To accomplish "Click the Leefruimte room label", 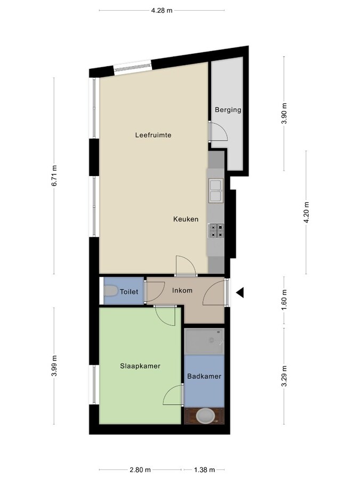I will [x=153, y=135].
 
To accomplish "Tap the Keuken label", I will [x=186, y=219].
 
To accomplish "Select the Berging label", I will [x=228, y=110].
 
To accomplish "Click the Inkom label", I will [x=182, y=291].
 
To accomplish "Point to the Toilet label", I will [x=129, y=292].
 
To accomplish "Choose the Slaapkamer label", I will [x=140, y=366].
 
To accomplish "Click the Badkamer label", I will [x=204, y=377].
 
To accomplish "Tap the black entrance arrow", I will [x=240, y=292].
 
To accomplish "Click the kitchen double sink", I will [x=215, y=191].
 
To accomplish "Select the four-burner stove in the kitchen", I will [x=216, y=230].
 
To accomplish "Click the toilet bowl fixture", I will [x=111, y=292].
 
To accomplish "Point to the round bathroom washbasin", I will [x=204, y=415].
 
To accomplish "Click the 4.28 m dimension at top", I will [x=162, y=10].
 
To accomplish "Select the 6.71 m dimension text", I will [x=54, y=175].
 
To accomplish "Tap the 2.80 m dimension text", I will [x=140, y=470].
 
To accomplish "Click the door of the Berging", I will [x=218, y=131].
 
